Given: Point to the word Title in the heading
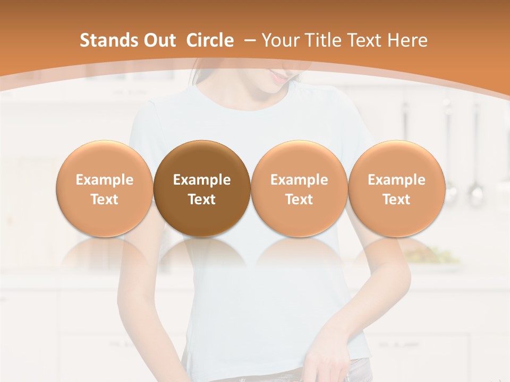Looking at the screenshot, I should click(322, 40).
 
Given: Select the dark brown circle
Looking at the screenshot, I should click(202, 189).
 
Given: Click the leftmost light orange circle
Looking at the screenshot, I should click(104, 189).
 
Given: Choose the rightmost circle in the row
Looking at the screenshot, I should click(396, 189).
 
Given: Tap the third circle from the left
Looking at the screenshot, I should click(299, 189).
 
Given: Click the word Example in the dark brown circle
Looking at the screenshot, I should click(202, 180).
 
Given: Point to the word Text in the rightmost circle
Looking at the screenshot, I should click(396, 199).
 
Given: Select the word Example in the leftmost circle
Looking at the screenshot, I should click(104, 180).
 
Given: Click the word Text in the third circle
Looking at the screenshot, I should click(299, 199).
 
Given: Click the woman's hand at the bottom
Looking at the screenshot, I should click(324, 361).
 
